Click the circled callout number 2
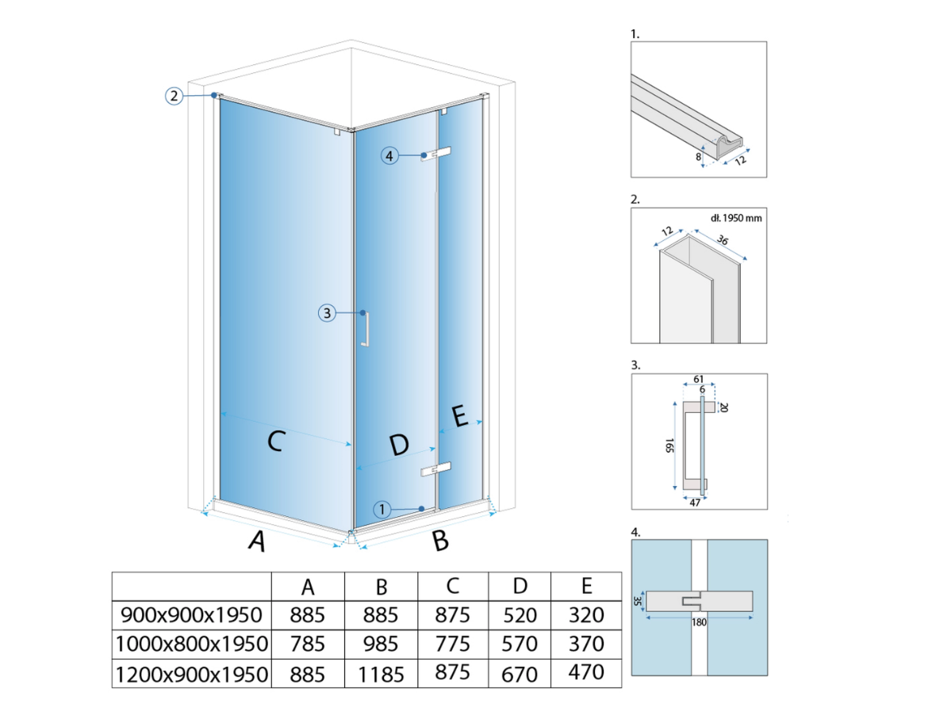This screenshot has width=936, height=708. pos(174,95)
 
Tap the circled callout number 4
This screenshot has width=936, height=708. pos(389,156)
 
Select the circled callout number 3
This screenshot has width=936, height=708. pos(327,313)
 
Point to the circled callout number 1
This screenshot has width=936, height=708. pos(382,509)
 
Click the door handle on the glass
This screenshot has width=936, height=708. pos(366,329)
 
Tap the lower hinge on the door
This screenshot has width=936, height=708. pos(435,469)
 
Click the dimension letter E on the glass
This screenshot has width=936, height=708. pos(459,415)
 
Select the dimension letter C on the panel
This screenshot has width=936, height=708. pos(274,441)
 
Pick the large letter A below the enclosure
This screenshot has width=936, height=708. pos(257,541)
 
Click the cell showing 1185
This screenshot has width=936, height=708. pos(381,675)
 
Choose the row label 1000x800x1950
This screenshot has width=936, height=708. pos(192,645)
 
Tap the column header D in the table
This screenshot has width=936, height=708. pos(520,587)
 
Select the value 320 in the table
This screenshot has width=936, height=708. pos(586,615)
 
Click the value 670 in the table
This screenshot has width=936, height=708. pos(520,675)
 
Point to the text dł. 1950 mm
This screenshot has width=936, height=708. pos(736,218)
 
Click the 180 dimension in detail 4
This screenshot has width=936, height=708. pos(699,622)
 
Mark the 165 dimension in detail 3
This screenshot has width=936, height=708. pos(669,446)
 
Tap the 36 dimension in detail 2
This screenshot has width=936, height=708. pos(723,239)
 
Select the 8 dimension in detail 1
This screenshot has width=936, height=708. pos(698,157)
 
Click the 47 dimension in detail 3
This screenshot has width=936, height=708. pos(695,503)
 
